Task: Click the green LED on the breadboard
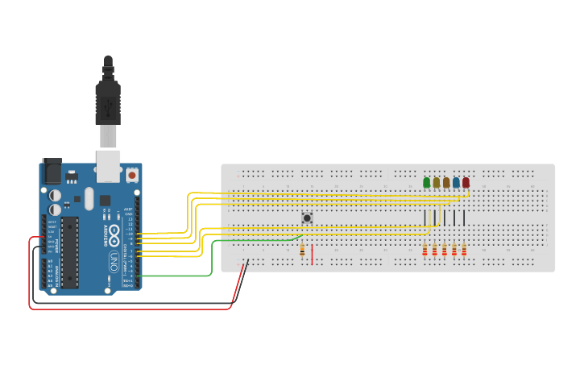426,183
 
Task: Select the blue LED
456,183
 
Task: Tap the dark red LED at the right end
466,183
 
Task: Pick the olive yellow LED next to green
436,183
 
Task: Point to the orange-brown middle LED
445,183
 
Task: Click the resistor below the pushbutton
302,250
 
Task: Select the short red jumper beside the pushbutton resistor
312,254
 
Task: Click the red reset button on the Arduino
131,174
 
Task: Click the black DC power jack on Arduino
52,172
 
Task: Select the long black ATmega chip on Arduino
70,251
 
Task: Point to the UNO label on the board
114,261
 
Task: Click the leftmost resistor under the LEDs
425,250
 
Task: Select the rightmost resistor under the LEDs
464,250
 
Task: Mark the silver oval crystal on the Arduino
89,198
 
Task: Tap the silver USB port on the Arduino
108,164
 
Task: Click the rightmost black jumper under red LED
464,218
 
